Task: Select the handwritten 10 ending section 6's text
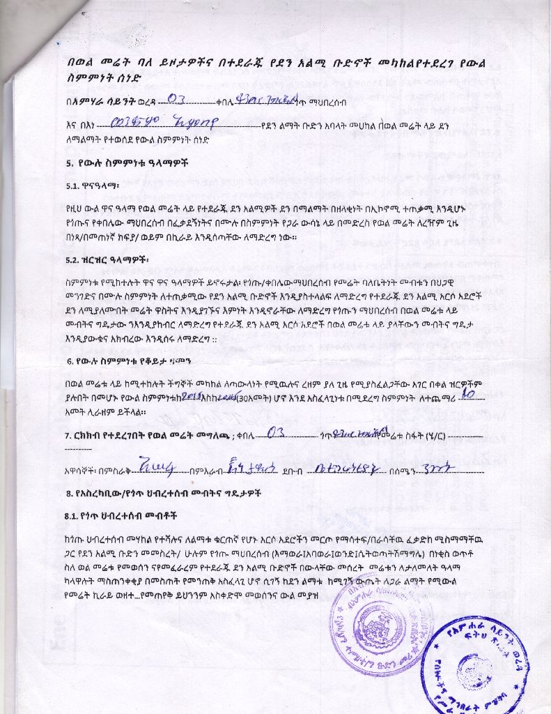[x=468, y=395]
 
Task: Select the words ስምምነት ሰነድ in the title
[x=98, y=79]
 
